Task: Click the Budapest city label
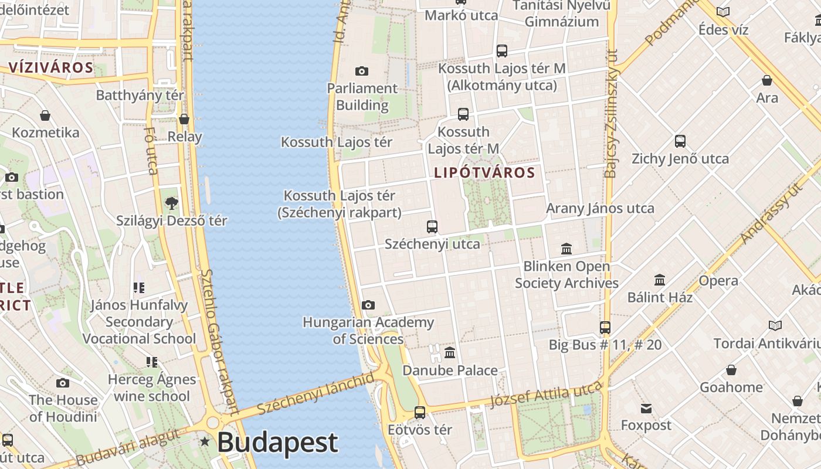tap(277, 443)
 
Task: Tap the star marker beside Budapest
tap(204, 441)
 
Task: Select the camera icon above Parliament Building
tap(362, 72)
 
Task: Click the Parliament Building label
tap(362, 97)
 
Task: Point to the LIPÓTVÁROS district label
tap(484, 172)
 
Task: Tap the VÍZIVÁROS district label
tap(51, 67)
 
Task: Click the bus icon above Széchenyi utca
tap(432, 226)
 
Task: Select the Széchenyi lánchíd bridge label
tap(315, 393)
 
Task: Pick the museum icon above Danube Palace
tap(450, 352)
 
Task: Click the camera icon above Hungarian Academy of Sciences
tap(368, 305)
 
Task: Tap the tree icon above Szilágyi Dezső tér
tap(171, 203)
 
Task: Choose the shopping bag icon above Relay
tap(184, 119)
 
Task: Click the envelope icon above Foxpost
tap(646, 408)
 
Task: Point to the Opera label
tap(718, 281)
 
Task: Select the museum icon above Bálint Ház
tap(660, 280)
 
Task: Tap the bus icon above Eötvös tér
tap(420, 412)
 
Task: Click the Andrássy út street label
tap(771, 213)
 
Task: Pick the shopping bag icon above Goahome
tap(731, 370)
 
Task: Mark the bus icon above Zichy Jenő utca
tap(680, 141)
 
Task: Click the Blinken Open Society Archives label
tap(566, 274)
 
